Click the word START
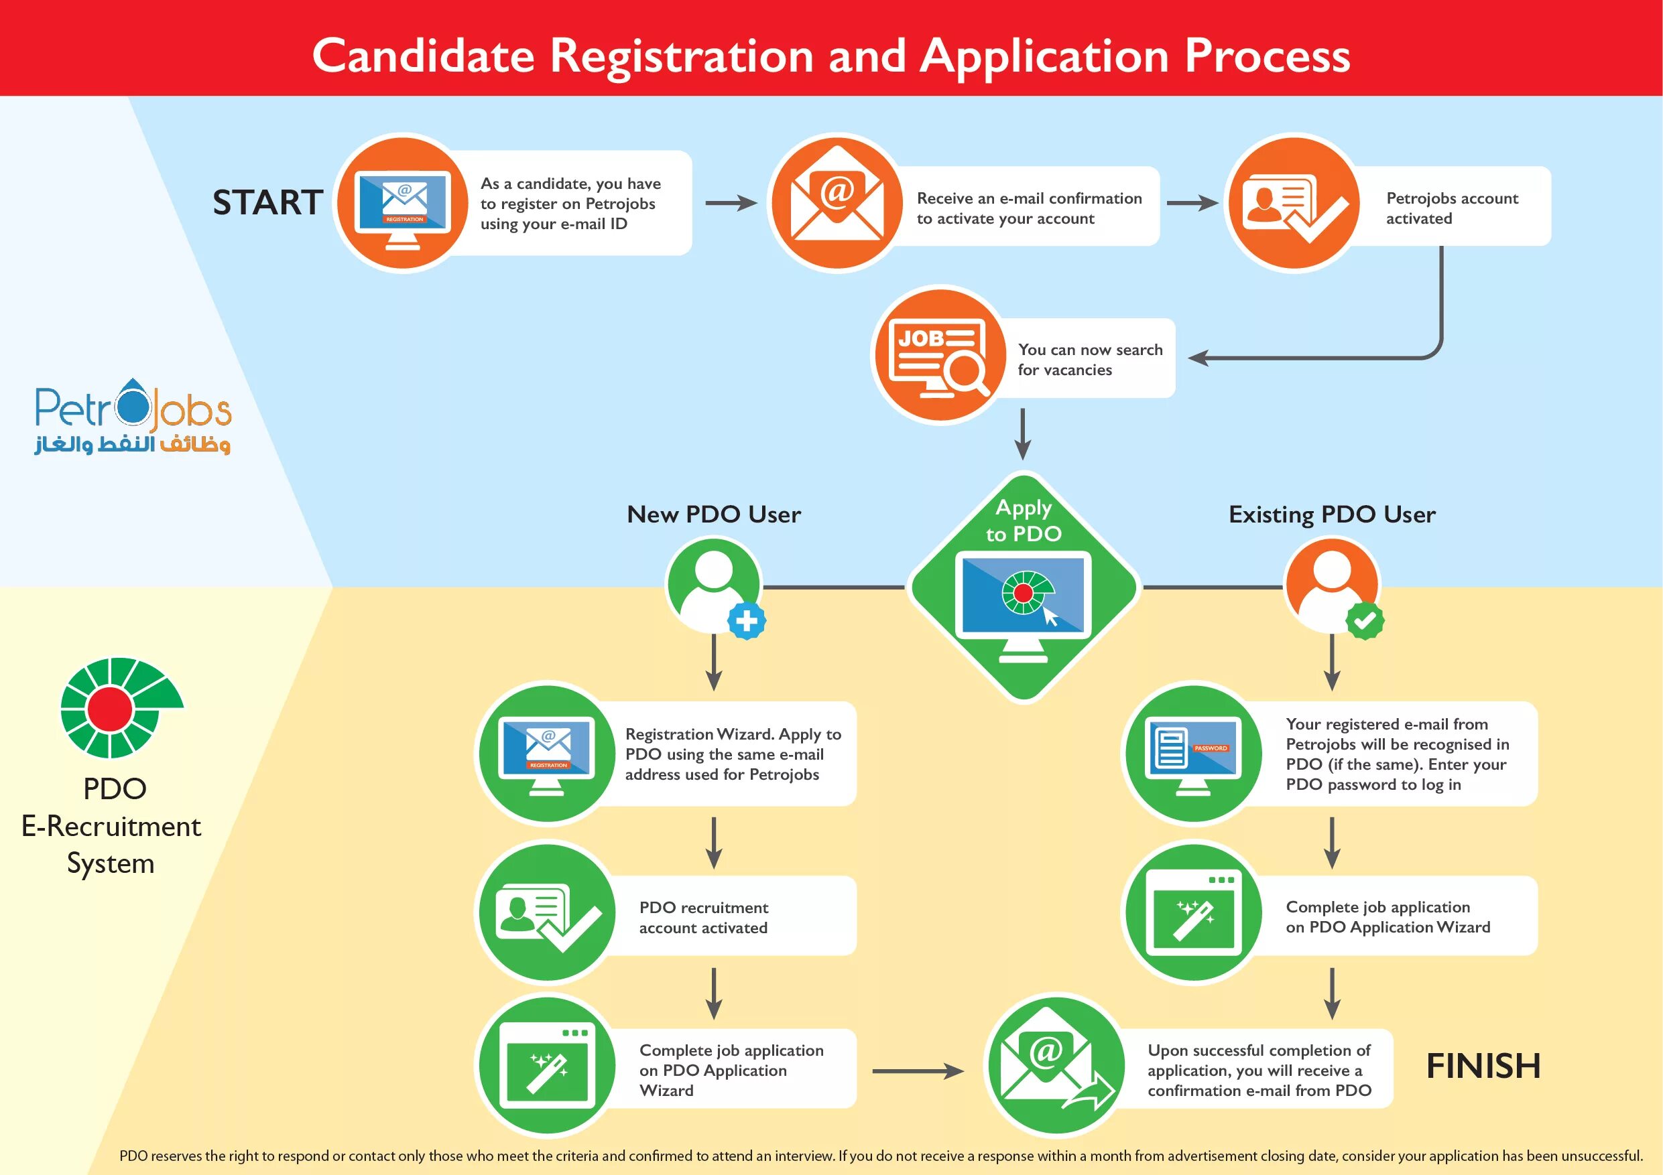[267, 202]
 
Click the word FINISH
[1483, 1066]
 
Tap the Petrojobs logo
[133, 416]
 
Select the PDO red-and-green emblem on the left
[120, 707]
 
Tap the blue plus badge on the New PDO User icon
[747, 620]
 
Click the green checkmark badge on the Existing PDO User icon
[1365, 620]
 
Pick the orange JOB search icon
[940, 356]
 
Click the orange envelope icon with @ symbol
[837, 203]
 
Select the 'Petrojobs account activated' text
[1451, 208]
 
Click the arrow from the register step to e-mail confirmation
[731, 203]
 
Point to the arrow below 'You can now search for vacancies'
[1022, 433]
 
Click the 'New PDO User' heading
[713, 514]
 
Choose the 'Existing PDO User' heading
[1331, 514]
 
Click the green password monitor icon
[1194, 754]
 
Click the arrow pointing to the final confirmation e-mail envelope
[917, 1070]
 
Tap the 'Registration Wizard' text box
[732, 754]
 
